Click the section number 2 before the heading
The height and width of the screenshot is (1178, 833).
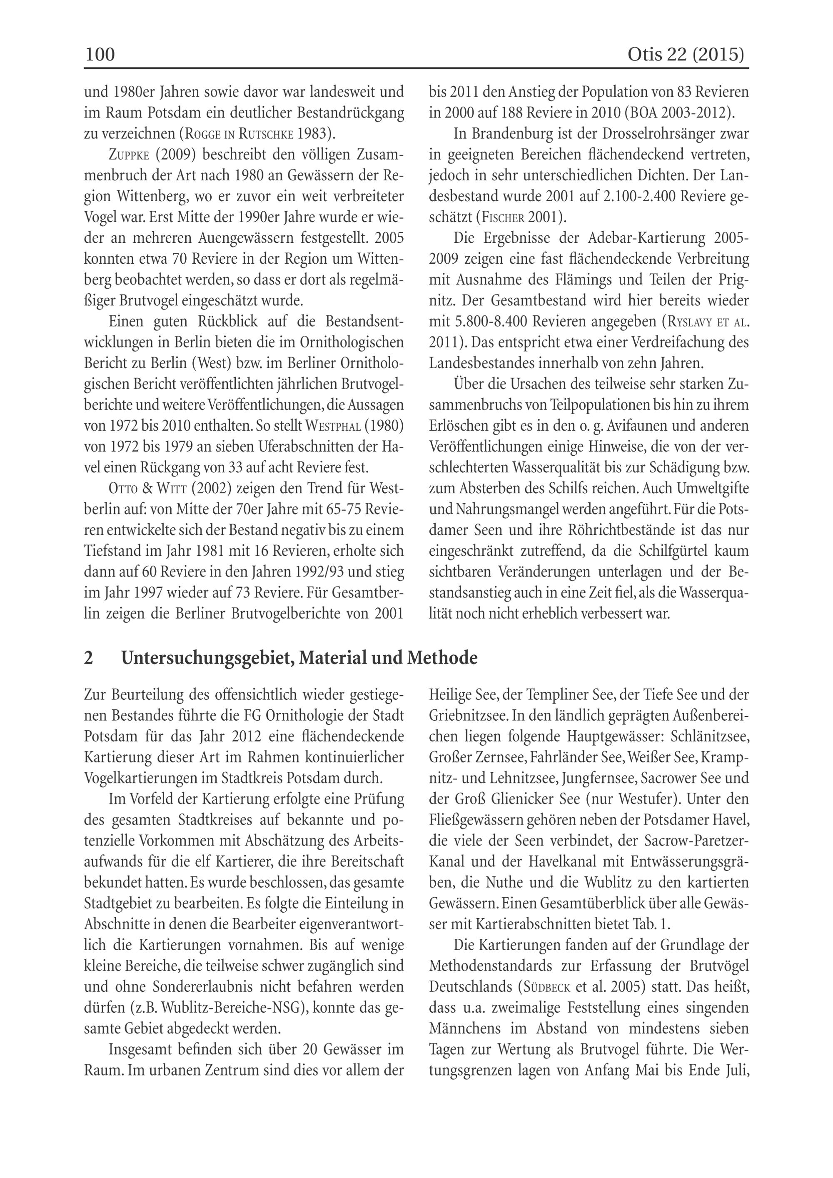click(x=88, y=658)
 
